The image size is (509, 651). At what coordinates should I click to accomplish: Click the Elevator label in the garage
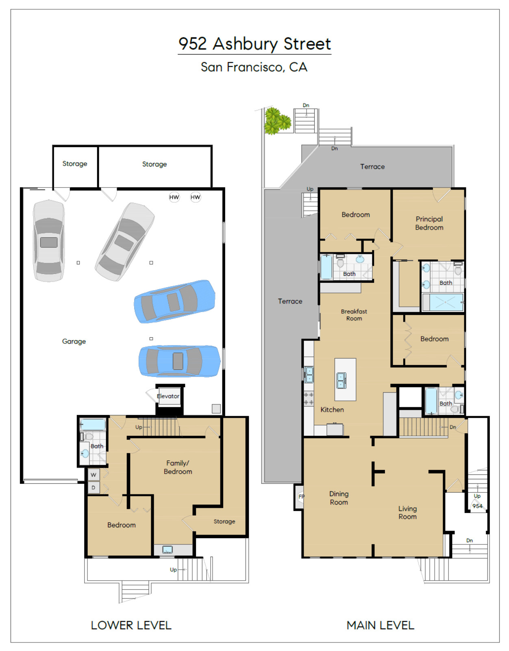pyautogui.click(x=168, y=396)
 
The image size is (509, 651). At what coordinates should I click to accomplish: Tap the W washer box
pyautogui.click(x=94, y=474)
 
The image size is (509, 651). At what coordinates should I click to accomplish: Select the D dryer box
pyautogui.click(x=94, y=488)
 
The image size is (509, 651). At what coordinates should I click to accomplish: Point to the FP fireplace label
pyautogui.click(x=301, y=496)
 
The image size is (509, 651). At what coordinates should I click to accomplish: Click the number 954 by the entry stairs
pyautogui.click(x=477, y=506)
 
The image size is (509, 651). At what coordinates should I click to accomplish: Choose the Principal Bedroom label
pyautogui.click(x=429, y=223)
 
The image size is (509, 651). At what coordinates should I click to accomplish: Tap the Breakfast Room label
pyautogui.click(x=354, y=315)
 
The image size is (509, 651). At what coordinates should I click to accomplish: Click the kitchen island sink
pyautogui.click(x=341, y=380)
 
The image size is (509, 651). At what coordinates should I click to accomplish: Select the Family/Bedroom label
pyautogui.click(x=178, y=467)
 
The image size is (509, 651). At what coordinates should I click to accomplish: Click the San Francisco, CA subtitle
pyautogui.click(x=254, y=67)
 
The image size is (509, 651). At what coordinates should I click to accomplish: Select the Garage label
pyautogui.click(x=74, y=341)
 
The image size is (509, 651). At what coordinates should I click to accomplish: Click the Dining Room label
pyautogui.click(x=339, y=498)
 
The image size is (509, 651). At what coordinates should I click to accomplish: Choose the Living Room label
pyautogui.click(x=407, y=513)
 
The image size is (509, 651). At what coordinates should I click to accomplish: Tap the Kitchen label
pyautogui.click(x=332, y=410)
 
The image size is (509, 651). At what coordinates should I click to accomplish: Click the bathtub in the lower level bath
pyautogui.click(x=93, y=425)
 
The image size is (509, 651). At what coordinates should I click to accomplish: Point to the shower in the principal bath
pyautogui.click(x=446, y=302)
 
